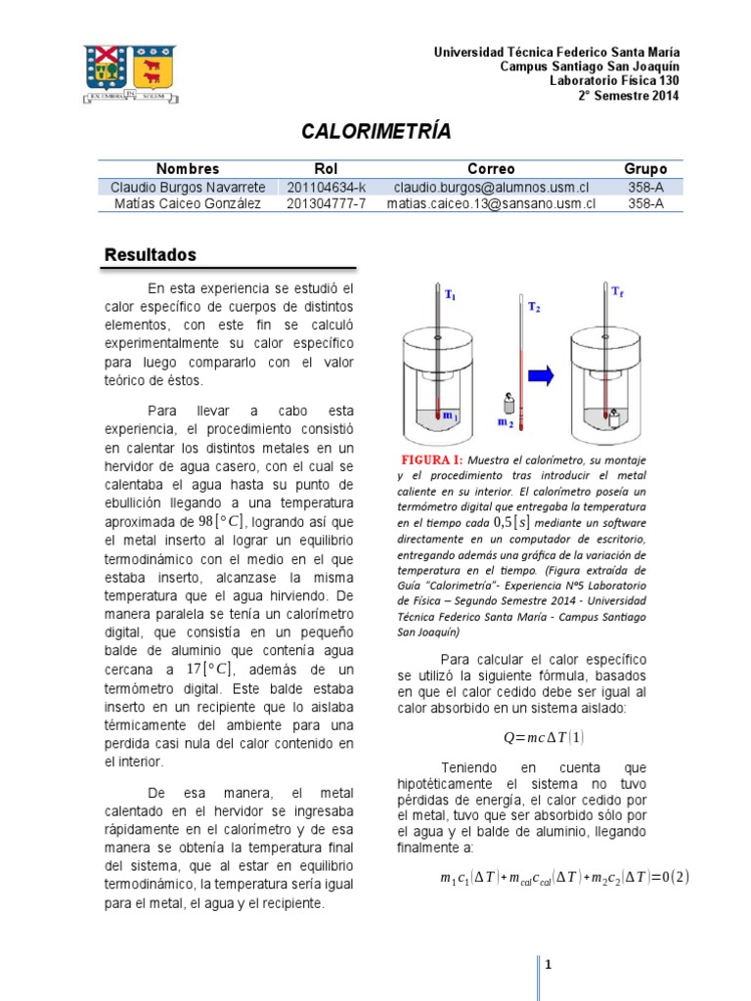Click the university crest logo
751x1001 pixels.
[x=131, y=73]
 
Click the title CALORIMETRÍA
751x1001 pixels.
[x=375, y=132]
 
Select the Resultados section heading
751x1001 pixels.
[x=151, y=255]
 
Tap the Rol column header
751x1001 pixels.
[x=326, y=169]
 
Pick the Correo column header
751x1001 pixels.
[x=491, y=169]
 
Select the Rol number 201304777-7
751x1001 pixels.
[x=327, y=203]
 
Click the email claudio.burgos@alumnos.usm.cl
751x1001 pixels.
[x=491, y=187]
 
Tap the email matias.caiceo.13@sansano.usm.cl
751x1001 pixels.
[x=491, y=203]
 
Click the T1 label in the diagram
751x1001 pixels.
[x=450, y=294]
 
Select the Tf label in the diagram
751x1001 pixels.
[x=617, y=291]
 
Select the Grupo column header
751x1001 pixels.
[x=645, y=169]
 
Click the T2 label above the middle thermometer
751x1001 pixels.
[x=533, y=307]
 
